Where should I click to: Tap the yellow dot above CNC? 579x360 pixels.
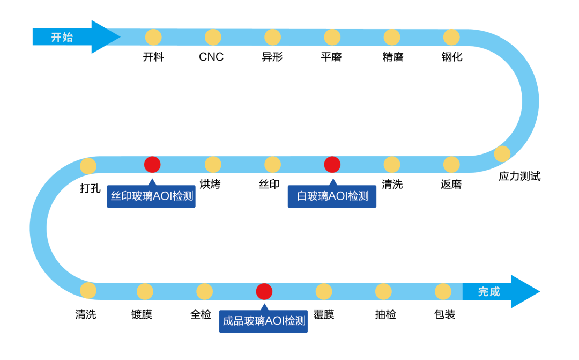(x=213, y=37)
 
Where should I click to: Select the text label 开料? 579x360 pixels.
(x=153, y=57)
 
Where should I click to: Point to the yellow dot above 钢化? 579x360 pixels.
(x=451, y=37)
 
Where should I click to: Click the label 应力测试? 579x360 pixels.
(x=519, y=176)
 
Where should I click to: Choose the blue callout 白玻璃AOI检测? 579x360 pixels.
(x=332, y=196)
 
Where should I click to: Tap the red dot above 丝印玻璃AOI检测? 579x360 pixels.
(x=152, y=165)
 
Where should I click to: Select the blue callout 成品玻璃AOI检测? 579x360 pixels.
(x=264, y=322)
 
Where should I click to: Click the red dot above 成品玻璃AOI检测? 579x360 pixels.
(x=264, y=291)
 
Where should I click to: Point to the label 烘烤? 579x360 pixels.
(x=210, y=185)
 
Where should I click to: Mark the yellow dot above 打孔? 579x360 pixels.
(x=88, y=166)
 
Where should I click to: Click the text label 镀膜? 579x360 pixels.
(x=142, y=314)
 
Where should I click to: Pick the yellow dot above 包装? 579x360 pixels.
(x=443, y=291)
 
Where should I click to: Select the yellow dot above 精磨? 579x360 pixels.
(x=392, y=37)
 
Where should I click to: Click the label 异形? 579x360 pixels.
(x=272, y=57)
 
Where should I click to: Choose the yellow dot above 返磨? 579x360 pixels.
(x=451, y=165)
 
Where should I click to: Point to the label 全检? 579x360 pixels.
(x=201, y=314)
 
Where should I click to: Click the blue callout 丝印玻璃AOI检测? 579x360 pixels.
(x=151, y=196)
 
